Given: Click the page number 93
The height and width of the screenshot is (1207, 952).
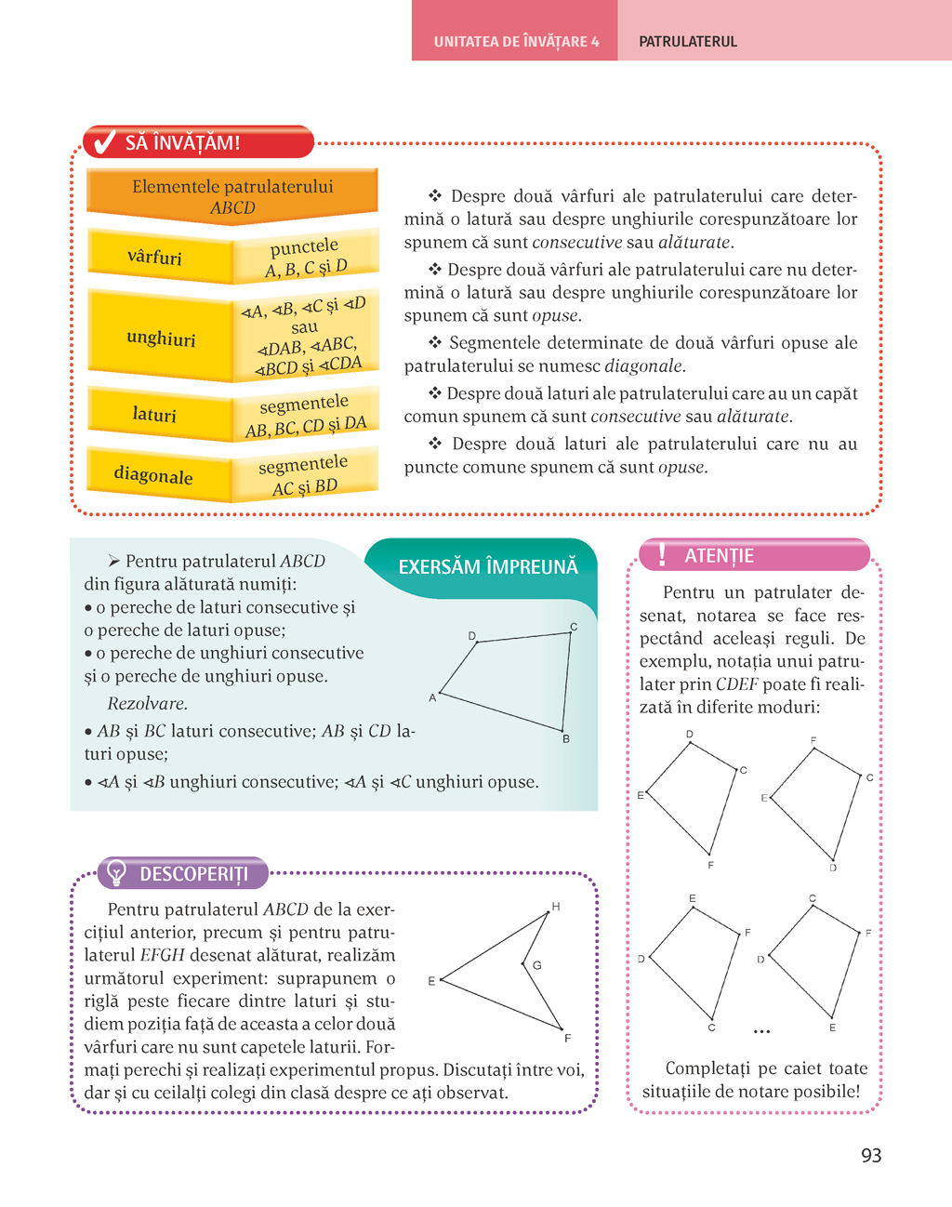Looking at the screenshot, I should (871, 1156).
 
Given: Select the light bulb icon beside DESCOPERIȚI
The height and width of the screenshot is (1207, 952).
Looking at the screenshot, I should (117, 872).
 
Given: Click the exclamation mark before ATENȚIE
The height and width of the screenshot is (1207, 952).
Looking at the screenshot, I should (662, 555).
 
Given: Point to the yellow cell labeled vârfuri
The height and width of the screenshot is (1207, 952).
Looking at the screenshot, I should (155, 258).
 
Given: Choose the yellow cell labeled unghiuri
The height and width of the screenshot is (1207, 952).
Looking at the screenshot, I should (161, 338).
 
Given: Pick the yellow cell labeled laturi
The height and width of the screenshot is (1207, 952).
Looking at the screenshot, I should (154, 415).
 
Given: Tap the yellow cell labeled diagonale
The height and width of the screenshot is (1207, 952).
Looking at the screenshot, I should (153, 475).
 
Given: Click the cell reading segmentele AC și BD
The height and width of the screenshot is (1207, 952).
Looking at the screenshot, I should (304, 475).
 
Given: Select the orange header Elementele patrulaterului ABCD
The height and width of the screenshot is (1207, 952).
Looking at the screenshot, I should (232, 196).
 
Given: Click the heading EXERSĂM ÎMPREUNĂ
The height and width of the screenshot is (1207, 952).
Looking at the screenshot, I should (488, 567).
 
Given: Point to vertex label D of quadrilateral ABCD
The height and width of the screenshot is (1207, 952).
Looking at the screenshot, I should (472, 636).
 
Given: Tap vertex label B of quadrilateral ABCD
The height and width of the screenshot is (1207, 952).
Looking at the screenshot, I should (566, 739).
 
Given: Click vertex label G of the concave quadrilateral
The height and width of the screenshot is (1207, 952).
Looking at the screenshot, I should (537, 965).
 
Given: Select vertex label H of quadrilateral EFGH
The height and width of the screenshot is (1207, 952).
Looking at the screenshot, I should (556, 907).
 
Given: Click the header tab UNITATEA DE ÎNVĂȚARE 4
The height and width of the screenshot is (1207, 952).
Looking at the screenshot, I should (516, 42).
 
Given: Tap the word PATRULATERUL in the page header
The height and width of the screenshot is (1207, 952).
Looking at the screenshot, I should (688, 42).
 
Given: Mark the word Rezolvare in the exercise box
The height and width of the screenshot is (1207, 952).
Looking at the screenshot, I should (148, 704).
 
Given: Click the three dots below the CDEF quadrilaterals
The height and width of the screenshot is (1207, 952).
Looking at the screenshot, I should (762, 1031).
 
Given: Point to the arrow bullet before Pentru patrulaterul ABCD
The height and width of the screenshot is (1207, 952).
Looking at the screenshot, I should (114, 561).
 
